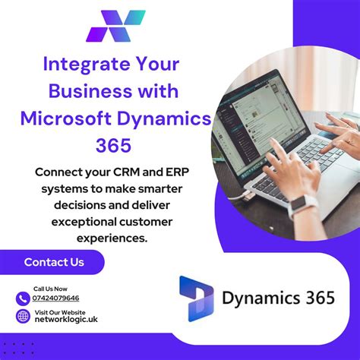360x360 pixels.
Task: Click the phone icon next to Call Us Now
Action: click(x=23, y=297)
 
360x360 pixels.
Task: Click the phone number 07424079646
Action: click(x=56, y=298)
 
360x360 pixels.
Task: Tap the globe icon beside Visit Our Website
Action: click(x=23, y=316)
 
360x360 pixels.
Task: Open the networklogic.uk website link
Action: click(x=65, y=320)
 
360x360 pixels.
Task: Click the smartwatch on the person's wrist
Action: click(x=302, y=204)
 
